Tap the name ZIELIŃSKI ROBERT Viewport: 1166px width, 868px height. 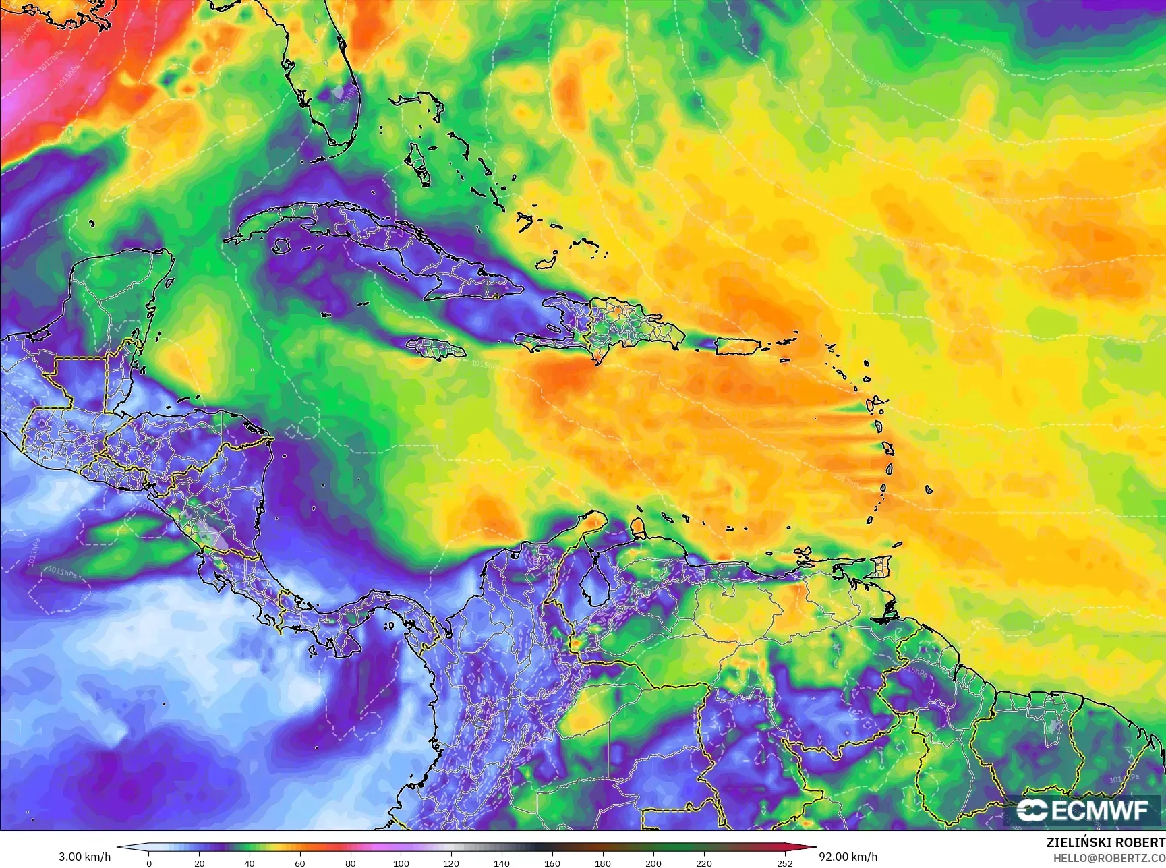point(1105,842)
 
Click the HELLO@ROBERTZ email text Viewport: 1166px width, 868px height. point(1109,857)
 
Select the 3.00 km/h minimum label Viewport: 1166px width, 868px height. point(84,857)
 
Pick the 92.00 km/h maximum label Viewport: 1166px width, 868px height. point(848,857)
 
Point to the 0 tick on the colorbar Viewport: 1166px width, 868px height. point(149,863)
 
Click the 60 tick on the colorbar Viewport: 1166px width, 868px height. point(299,863)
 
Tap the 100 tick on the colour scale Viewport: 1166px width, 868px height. point(401,863)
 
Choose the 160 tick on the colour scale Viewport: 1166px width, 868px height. point(552,863)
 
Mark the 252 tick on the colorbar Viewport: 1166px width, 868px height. point(784,863)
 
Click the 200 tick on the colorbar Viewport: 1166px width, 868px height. point(653,863)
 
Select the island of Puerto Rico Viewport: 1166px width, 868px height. point(738,345)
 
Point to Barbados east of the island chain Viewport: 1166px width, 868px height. point(929,490)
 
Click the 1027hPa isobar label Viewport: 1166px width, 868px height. point(875,82)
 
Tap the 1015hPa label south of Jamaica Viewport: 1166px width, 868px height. point(486,365)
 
